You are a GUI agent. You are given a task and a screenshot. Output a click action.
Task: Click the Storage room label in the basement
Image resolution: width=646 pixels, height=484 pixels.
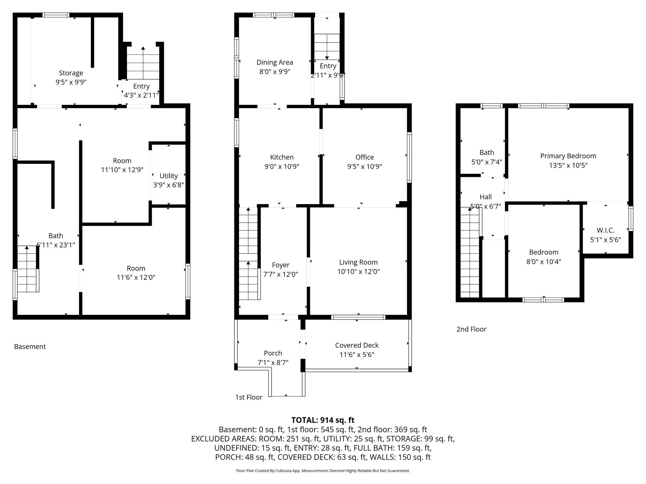[71, 73]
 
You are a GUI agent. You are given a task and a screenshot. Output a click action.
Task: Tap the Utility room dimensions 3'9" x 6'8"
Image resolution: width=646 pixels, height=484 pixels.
[168, 185]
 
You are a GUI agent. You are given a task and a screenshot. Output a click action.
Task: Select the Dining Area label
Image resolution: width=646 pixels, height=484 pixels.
[275, 62]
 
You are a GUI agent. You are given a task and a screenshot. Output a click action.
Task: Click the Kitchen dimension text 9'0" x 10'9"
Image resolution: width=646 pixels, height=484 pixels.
[282, 166]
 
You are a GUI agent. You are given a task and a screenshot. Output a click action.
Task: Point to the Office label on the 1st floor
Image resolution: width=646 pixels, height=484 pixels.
[365, 157]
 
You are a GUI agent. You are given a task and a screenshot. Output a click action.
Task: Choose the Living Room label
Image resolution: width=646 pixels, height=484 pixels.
[358, 262]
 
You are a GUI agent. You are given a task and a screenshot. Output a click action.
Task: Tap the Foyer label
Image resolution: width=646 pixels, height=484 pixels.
[280, 265]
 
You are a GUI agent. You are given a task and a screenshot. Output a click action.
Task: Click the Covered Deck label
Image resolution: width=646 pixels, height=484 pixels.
[357, 345]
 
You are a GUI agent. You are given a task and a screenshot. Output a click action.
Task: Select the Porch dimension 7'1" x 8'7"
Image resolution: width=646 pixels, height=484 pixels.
[273, 363]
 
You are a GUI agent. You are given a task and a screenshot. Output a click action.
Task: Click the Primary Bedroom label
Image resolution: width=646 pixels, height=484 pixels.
[568, 156]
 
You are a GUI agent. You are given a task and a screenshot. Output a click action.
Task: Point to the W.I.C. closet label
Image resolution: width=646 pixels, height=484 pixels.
[605, 230]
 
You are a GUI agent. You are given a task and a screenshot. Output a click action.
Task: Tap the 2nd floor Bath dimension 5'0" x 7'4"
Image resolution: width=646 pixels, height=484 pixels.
[486, 162]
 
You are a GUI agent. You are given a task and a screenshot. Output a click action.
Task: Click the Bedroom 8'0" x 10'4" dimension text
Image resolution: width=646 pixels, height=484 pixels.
[544, 262]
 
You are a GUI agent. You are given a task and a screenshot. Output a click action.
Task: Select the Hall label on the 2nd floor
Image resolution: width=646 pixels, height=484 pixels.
[485, 197]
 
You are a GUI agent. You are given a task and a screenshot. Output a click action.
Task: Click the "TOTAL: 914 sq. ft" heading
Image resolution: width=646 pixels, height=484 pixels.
[323, 420]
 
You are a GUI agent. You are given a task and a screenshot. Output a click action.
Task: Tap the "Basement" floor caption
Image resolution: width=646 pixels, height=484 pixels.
[30, 347]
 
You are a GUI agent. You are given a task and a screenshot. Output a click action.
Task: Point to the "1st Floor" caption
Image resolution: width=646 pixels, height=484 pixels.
[249, 397]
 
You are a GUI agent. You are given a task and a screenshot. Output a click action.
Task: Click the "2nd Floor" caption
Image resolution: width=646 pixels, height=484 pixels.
[471, 329]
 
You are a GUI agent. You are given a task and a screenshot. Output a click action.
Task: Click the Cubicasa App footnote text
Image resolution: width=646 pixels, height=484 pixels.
[323, 471]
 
